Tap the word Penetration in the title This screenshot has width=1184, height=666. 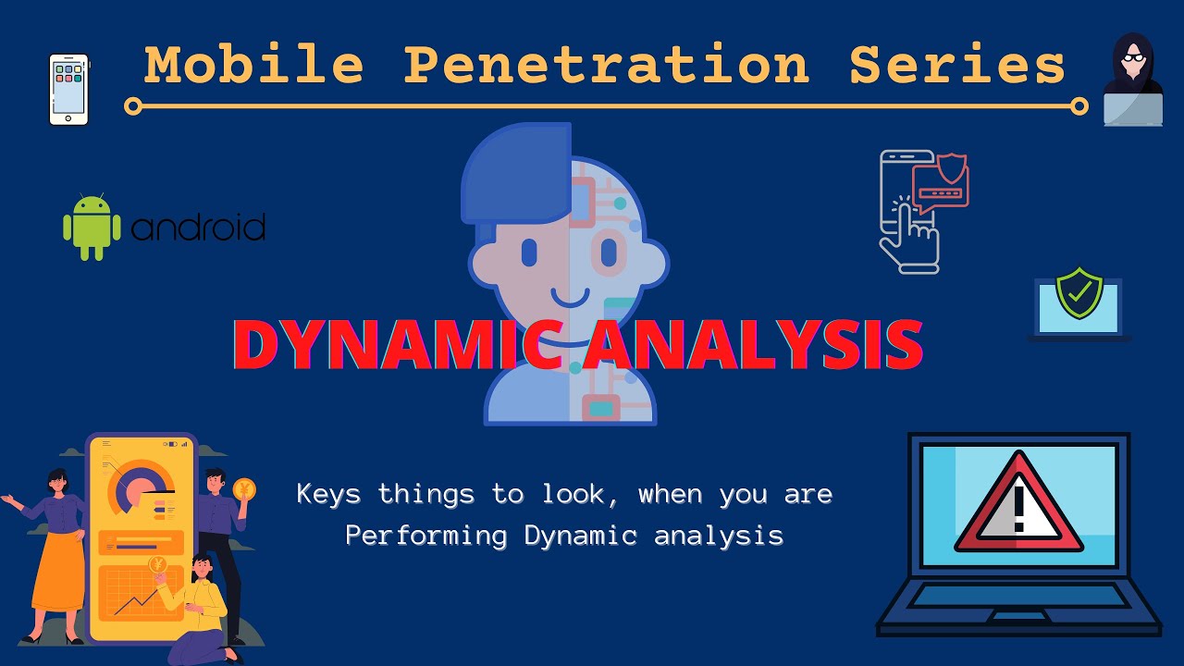click(x=607, y=66)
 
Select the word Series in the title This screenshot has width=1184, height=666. click(x=957, y=66)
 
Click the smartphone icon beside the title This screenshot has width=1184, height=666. click(x=68, y=89)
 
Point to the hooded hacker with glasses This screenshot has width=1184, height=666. click(x=1133, y=79)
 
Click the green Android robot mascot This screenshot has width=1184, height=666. click(x=92, y=227)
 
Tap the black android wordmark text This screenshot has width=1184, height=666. click(x=198, y=228)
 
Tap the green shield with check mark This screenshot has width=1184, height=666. click(x=1079, y=294)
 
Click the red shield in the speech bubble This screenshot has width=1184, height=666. click(x=953, y=169)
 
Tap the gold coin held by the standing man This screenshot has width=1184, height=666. click(x=244, y=489)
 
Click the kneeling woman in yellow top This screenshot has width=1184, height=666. click(x=199, y=610)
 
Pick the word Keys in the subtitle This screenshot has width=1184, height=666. click(x=328, y=494)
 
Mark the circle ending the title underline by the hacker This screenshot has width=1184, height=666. click(x=1079, y=106)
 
